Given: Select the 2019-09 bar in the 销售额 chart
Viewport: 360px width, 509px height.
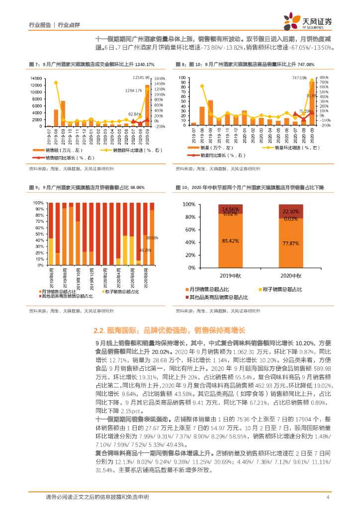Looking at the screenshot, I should [63, 113].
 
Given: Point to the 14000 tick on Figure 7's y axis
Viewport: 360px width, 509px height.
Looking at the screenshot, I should [37, 79].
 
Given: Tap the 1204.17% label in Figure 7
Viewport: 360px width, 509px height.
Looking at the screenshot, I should [134, 90].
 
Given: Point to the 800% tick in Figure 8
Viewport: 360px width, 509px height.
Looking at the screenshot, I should [323, 78].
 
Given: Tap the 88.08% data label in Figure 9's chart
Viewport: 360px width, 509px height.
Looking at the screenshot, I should [152, 238].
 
